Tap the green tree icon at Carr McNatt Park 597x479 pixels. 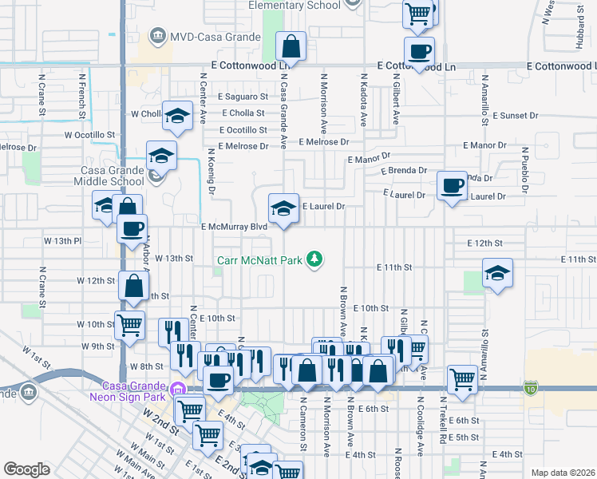tap(315, 258)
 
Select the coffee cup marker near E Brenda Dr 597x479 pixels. tap(453, 186)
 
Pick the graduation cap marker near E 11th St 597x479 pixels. tap(497, 276)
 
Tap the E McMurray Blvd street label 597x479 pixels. tap(234, 227)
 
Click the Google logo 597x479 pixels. tap(26, 469)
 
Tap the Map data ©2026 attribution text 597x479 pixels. tap(563, 473)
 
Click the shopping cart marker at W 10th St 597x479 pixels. tap(130, 325)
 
